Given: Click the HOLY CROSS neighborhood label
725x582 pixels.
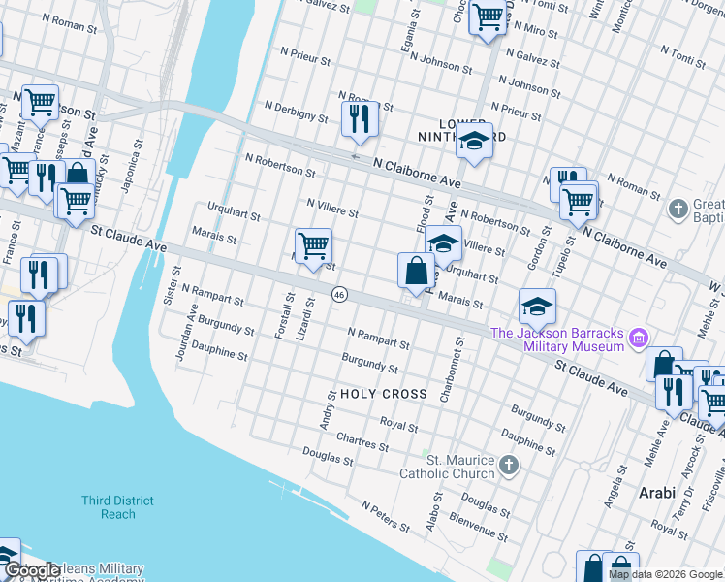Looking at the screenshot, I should [383, 394].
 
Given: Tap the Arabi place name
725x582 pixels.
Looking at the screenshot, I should [656, 493].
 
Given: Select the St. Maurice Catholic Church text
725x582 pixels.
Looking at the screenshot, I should [448, 467].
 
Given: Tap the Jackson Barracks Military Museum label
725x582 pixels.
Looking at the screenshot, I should [557, 339].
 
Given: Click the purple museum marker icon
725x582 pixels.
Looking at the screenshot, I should [638, 339].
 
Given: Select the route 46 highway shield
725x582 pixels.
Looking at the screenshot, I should [338, 294].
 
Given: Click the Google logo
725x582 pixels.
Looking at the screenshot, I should [31, 571].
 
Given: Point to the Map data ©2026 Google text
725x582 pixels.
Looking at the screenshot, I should [665, 574].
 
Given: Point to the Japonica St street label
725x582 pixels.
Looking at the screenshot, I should [126, 170].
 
